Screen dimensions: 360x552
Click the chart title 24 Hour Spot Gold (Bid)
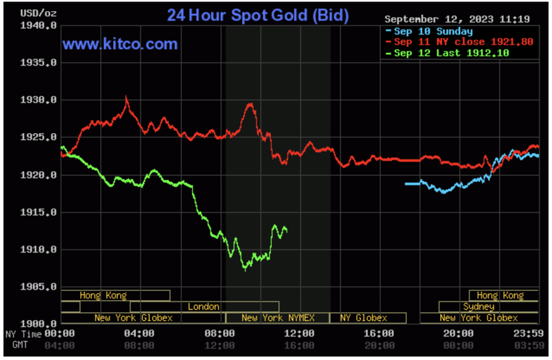tap(257, 14)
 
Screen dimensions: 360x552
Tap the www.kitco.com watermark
tap(121, 45)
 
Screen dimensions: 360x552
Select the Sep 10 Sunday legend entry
tap(433, 32)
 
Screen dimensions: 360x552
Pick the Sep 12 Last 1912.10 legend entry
tap(451, 53)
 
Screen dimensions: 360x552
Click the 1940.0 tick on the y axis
tap(39, 26)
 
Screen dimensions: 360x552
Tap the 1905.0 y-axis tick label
tap(39, 286)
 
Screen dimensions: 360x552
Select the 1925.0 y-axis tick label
tap(39, 137)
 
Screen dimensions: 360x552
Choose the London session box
tap(204, 306)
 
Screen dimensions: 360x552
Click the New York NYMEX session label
tap(277, 317)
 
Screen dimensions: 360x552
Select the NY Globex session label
tap(363, 317)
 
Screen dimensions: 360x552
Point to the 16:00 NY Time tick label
tap(379, 333)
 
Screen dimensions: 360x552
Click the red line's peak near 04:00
tap(126, 97)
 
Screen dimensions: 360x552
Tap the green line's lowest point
tap(246, 269)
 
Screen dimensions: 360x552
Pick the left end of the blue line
tap(406, 183)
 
